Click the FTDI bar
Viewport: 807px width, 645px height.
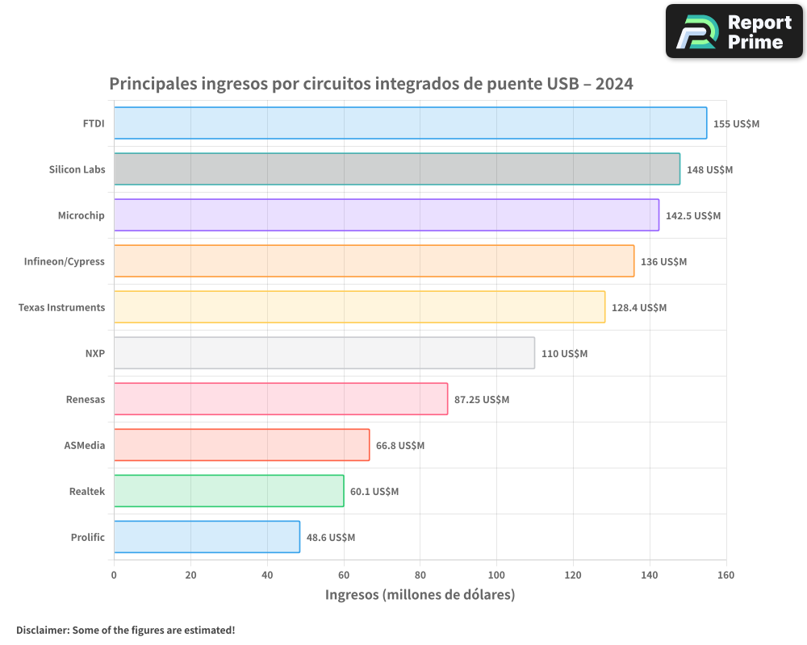tap(410, 123)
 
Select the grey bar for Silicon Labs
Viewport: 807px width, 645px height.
tap(396, 169)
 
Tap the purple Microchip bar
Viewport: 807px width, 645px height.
tap(386, 215)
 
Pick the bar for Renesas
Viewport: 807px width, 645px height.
tap(280, 399)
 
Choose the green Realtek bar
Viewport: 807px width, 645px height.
tap(228, 491)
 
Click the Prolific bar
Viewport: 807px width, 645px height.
tap(207, 537)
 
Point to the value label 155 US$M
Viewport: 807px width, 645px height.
tap(736, 124)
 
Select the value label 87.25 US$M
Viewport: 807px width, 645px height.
tap(482, 400)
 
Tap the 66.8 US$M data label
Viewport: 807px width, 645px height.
tap(400, 446)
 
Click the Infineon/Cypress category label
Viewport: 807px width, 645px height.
tap(65, 261)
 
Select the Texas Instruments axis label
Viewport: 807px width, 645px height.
tap(61, 307)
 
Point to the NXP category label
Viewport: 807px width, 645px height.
tap(94, 353)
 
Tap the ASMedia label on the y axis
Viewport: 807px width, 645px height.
tap(85, 445)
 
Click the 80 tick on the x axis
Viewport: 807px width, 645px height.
tap(420, 575)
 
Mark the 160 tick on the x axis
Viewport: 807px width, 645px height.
tap(725, 575)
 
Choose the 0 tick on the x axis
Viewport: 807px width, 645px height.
tap(114, 575)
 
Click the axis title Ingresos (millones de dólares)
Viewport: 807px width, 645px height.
tap(420, 595)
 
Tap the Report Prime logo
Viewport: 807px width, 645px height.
tap(734, 31)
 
